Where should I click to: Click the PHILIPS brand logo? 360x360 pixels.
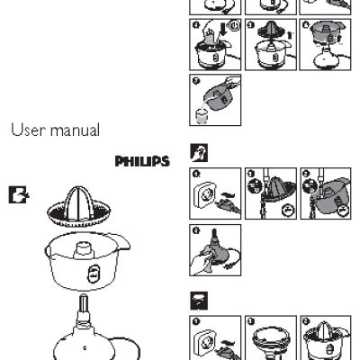pyautogui.click(x=141, y=162)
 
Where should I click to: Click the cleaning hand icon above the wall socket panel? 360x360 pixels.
pyautogui.click(x=197, y=154)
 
